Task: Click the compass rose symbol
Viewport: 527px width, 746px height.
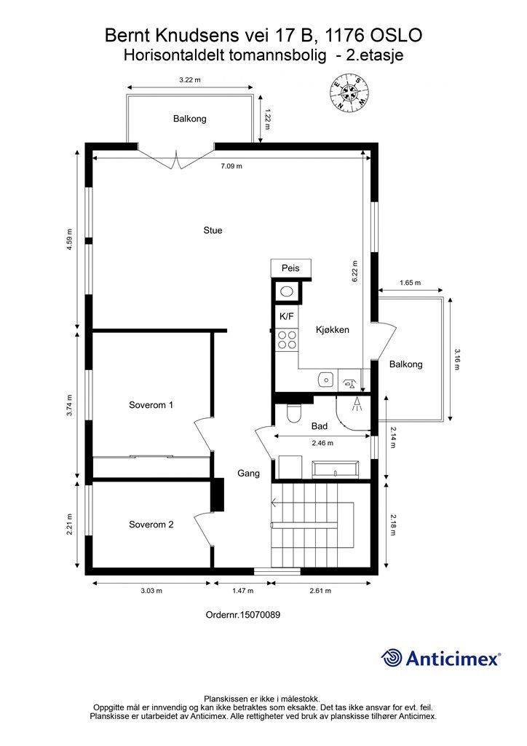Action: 349,93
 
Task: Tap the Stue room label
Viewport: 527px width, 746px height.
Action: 213,230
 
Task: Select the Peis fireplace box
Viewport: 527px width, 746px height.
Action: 291,268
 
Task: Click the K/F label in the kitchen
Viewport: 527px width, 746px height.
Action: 286,316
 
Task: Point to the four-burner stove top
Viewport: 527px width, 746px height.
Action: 287,339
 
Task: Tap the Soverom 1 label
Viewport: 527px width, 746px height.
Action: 151,405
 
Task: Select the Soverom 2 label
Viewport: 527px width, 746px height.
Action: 151,525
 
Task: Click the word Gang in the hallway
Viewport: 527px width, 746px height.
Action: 248,474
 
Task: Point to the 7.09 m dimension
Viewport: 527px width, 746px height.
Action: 231,166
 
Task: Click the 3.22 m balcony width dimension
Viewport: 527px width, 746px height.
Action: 190,80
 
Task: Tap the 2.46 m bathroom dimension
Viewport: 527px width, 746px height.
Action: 322,443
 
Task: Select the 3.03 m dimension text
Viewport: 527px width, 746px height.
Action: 151,591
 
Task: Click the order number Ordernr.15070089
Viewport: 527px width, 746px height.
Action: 243,615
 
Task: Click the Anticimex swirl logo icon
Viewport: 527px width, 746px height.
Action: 392,658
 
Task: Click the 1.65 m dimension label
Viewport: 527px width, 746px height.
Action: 410,283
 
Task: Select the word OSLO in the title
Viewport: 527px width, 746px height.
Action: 396,36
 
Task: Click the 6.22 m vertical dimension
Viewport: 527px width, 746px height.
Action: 354,272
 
